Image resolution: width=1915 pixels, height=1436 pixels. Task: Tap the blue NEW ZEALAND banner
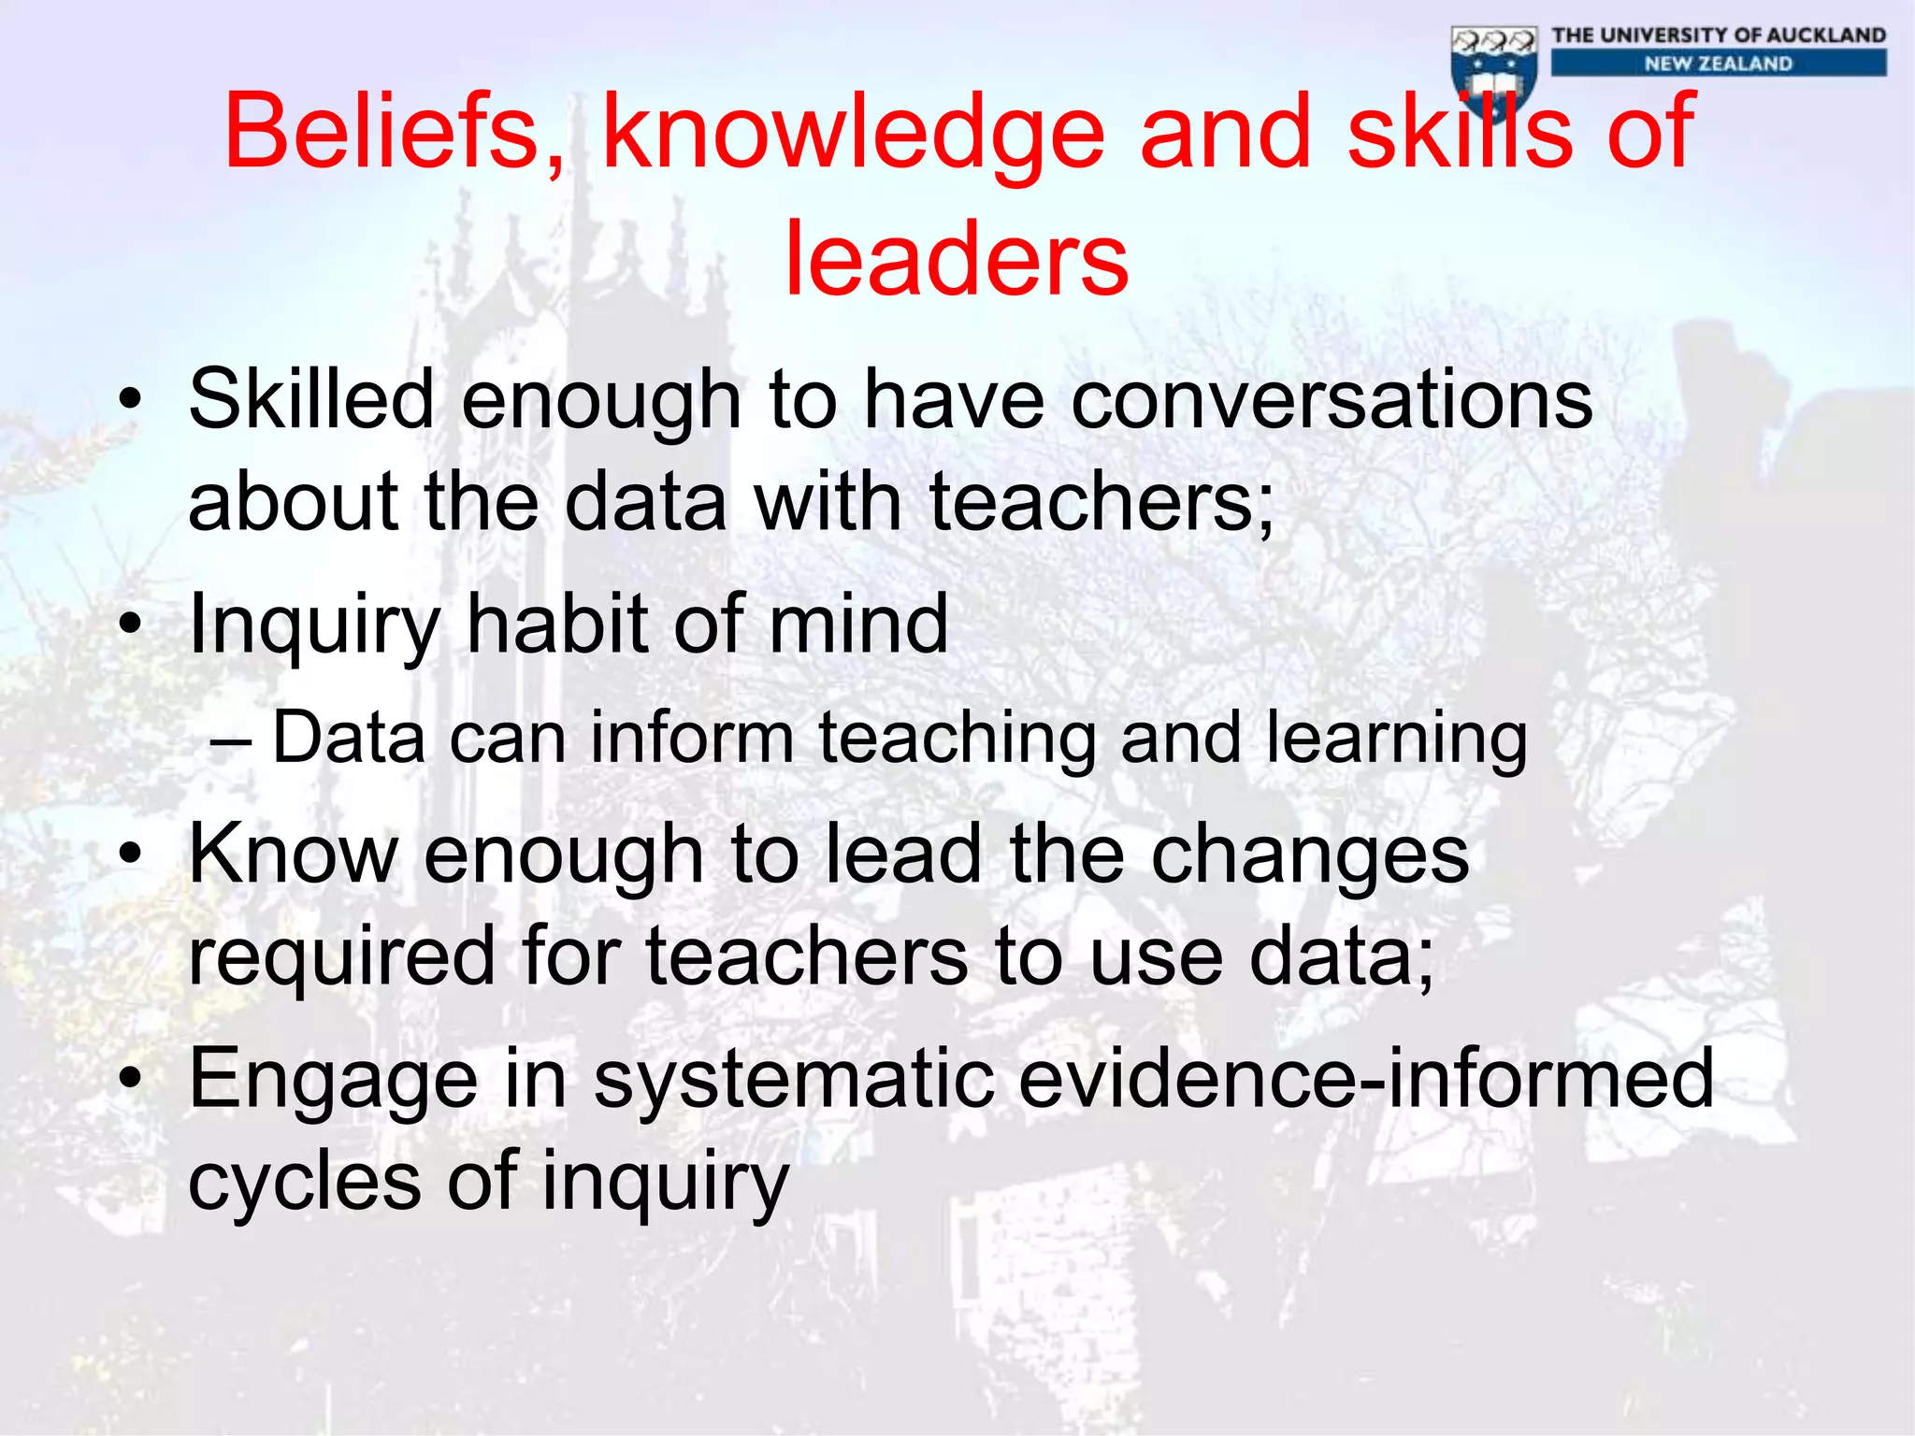1719,64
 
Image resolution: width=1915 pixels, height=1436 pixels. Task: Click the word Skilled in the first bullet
311,399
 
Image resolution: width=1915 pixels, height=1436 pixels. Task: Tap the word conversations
1332,400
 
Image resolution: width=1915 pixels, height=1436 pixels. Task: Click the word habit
557,624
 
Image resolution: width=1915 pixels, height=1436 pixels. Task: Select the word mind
857,624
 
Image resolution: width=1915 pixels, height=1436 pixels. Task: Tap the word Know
294,854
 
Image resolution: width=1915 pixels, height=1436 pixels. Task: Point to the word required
341,957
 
